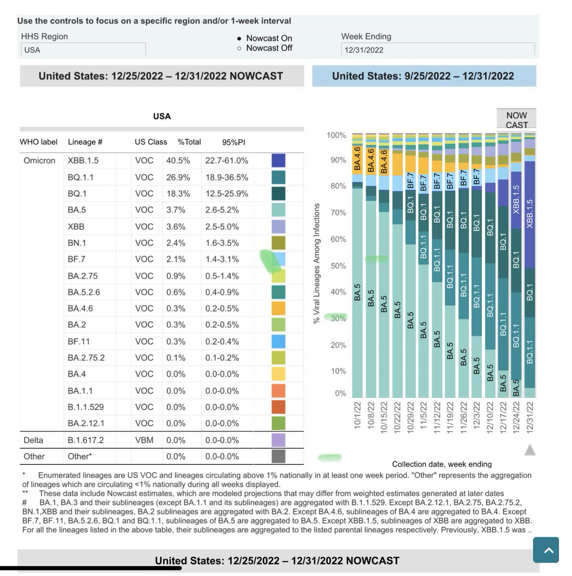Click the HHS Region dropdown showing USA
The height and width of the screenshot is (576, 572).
pyautogui.click(x=83, y=49)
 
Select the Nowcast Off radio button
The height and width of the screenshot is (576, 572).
pyautogui.click(x=239, y=48)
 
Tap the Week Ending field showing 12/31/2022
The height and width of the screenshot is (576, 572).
pyautogui.click(x=438, y=49)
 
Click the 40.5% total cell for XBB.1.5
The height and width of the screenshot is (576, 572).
pyautogui.click(x=178, y=160)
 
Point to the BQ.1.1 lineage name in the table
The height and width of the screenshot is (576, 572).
pyautogui.click(x=81, y=177)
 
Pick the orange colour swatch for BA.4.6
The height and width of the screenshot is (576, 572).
pyautogui.click(x=278, y=308)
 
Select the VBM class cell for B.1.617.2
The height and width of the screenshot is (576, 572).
pyautogui.click(x=144, y=440)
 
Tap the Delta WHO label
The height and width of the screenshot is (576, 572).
pyautogui.click(x=33, y=440)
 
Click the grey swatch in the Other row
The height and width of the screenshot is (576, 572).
pyautogui.click(x=278, y=456)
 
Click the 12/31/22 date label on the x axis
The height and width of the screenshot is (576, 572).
pyautogui.click(x=530, y=418)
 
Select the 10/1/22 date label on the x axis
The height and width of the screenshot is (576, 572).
pyautogui.click(x=357, y=418)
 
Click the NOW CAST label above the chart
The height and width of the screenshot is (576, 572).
pyautogui.click(x=516, y=120)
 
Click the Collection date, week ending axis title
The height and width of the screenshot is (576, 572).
pyautogui.click(x=441, y=464)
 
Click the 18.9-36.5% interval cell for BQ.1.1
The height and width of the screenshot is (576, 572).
pyautogui.click(x=226, y=177)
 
